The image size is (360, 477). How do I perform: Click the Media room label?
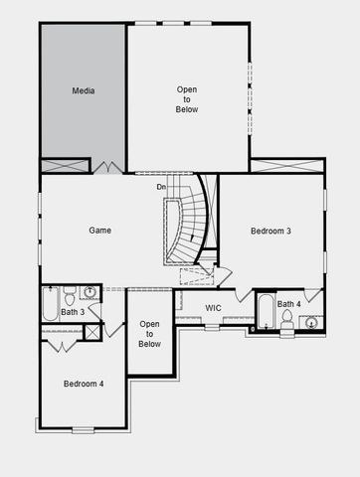[84, 90]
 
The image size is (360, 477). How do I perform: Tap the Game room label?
[98, 231]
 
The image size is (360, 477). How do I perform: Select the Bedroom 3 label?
[270, 232]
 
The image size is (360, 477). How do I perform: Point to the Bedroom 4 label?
[84, 384]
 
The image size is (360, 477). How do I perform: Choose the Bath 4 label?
[288, 304]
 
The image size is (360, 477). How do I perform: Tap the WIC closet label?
[213, 308]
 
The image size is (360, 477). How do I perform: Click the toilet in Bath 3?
[70, 297]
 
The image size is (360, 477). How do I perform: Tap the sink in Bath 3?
[90, 292]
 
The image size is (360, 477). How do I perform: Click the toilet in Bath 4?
[287, 319]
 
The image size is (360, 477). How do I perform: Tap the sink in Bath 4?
[311, 322]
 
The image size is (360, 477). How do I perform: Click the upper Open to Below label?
[187, 99]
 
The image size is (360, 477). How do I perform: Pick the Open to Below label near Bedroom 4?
[149, 334]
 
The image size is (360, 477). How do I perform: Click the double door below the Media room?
[108, 167]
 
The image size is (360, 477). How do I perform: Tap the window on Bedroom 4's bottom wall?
[83, 430]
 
